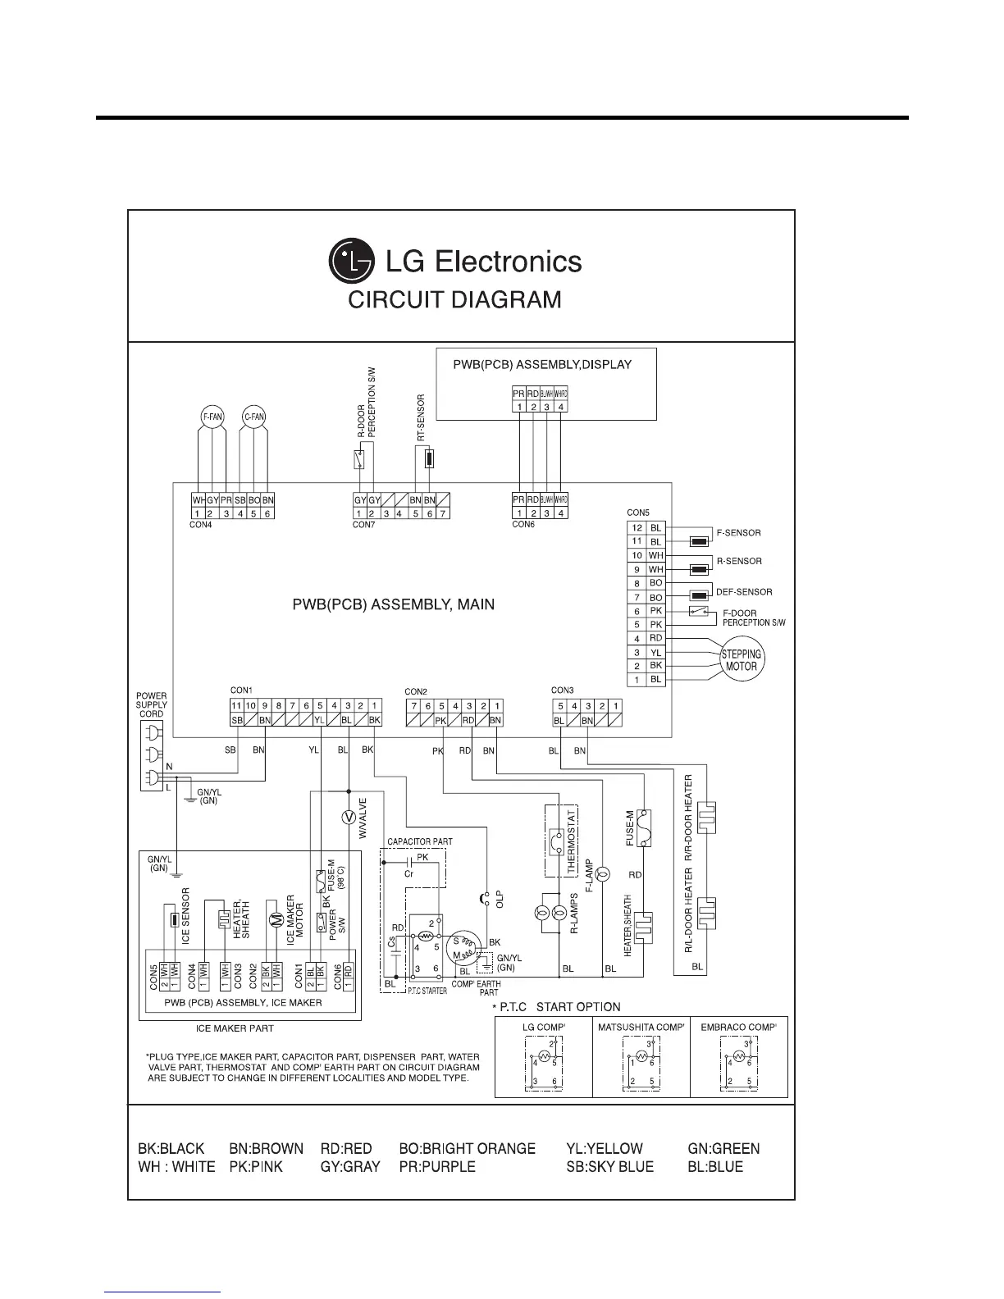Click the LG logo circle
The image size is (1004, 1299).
pos(352,262)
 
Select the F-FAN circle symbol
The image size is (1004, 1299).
pos(212,417)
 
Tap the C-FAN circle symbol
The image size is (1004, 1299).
pos(254,417)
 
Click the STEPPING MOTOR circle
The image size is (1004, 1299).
pos(742,660)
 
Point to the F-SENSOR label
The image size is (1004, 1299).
pos(738,533)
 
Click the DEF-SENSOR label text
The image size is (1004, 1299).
pos(744,591)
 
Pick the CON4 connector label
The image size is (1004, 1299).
pos(200,525)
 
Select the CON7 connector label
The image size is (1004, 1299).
pos(363,525)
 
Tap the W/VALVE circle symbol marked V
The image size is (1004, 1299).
pos(348,817)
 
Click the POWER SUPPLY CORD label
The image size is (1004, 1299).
pos(151,704)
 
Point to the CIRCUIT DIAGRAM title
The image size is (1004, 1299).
pos(455,300)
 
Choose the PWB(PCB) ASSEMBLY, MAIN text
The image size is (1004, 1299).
pos(394,605)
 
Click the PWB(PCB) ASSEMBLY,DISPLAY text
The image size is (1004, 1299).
pos(542,364)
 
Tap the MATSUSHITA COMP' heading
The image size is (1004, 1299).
pos(641,1027)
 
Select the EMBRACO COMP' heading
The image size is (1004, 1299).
pos(739,1027)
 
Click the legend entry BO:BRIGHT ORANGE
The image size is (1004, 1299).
pos(467,1149)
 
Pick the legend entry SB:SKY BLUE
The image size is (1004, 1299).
pos(610,1167)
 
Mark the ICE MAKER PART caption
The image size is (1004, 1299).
pos(235,1028)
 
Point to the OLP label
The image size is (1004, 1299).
pos(500,899)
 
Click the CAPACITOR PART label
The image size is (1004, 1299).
pos(419,841)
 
